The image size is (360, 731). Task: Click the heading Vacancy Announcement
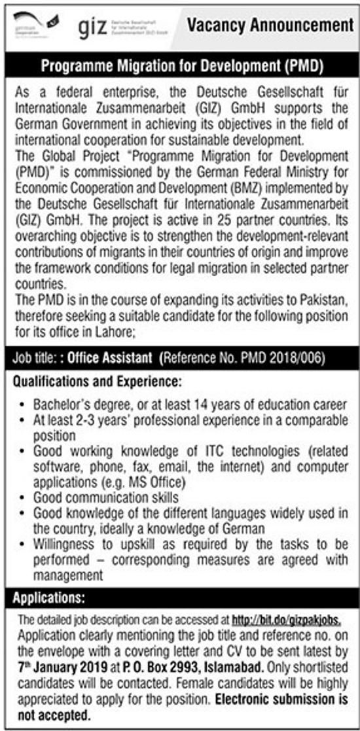pyautogui.click(x=270, y=26)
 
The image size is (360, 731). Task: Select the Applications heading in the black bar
pyautogui.click(x=49, y=597)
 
